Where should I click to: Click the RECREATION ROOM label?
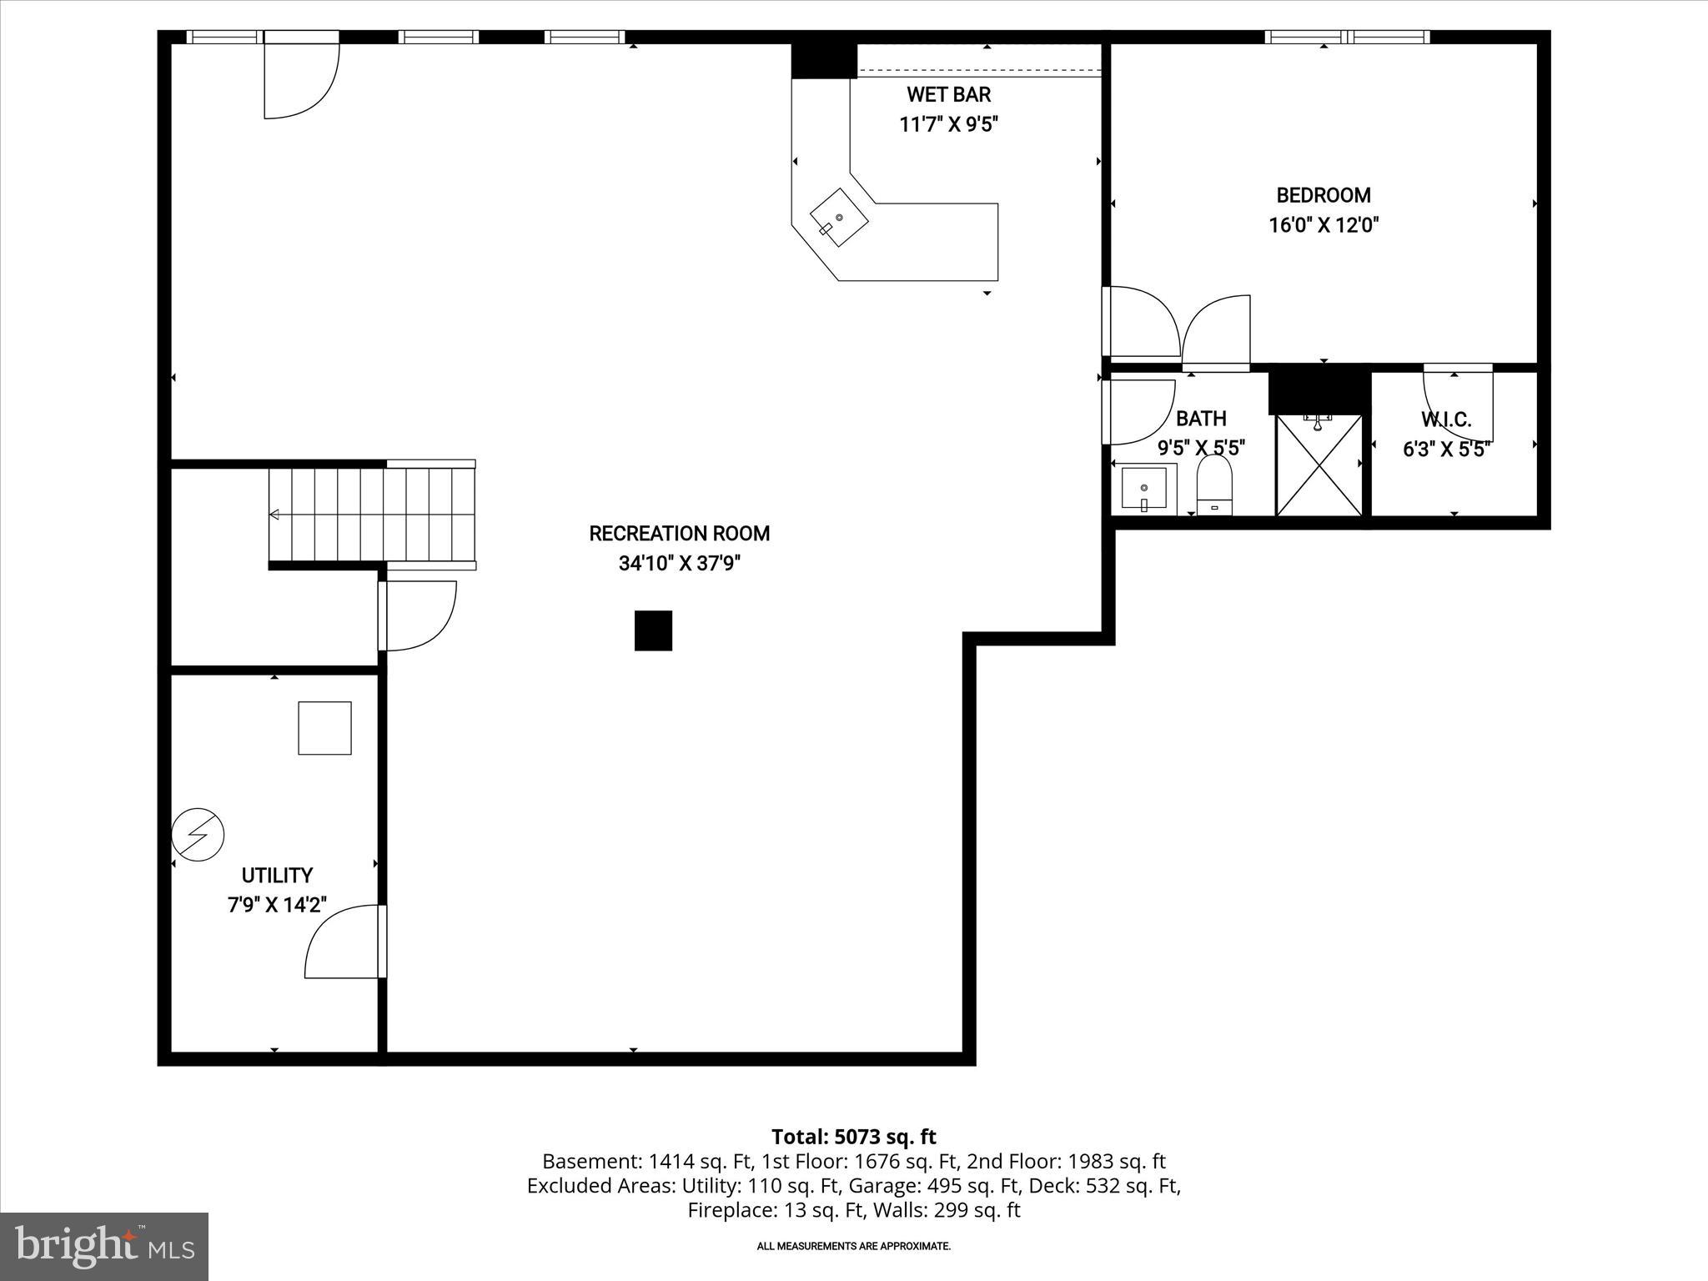[679, 534]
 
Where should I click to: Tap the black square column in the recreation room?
[653, 630]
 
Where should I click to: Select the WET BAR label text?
[948, 94]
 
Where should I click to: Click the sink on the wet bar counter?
[839, 217]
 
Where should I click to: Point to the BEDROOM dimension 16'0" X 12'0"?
[1324, 225]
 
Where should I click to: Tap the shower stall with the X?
[1319, 465]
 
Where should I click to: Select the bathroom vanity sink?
[1143, 490]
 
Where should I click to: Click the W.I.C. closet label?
[1446, 419]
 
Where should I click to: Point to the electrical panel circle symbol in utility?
[198, 834]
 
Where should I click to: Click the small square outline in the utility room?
[324, 728]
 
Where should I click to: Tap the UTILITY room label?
[277, 876]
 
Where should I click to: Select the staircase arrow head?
[274, 515]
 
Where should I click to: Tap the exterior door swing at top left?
[300, 79]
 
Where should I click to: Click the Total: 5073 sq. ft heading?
[853, 1137]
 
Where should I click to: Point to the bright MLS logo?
[104, 1246]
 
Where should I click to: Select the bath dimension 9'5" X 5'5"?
[1201, 448]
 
